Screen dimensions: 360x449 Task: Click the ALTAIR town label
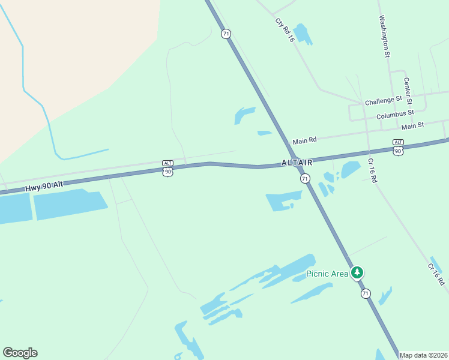tap(297, 163)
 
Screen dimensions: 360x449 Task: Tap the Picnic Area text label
tap(327, 274)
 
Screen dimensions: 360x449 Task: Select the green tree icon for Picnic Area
tap(357, 273)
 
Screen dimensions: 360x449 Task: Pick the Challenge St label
tap(383, 100)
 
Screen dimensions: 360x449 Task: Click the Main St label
tap(412, 125)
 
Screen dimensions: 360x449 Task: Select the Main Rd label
tap(304, 140)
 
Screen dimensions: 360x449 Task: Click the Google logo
tap(20, 353)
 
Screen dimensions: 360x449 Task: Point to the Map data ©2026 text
tap(424, 355)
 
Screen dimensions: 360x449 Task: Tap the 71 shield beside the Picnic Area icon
tap(365, 293)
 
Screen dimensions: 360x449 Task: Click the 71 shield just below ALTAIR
tap(305, 178)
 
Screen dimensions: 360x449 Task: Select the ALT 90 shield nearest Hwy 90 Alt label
tap(167, 168)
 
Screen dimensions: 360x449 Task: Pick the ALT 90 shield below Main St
tap(398, 147)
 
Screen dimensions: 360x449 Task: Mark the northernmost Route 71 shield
tap(226, 34)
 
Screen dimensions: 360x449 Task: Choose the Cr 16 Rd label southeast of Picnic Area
tap(436, 274)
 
